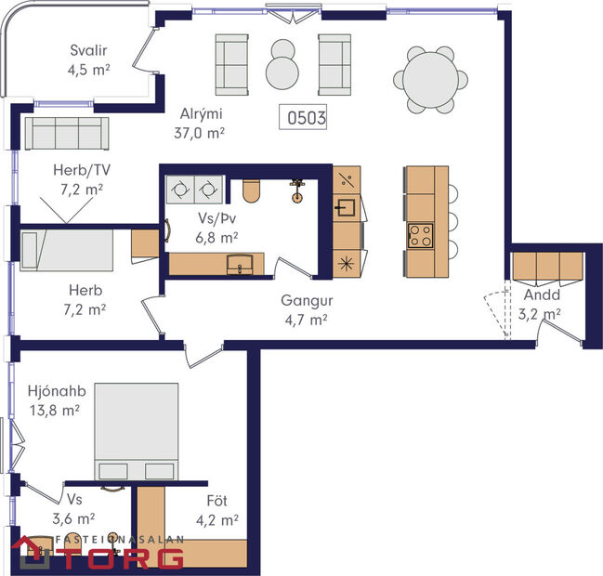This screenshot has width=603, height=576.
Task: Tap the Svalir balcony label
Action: pos(91,51)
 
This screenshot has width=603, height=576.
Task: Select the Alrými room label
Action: pos(203,115)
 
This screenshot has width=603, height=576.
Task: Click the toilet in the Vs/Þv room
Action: pos(250,190)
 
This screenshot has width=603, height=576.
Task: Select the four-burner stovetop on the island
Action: pos(419,234)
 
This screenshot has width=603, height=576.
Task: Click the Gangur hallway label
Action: pos(307,301)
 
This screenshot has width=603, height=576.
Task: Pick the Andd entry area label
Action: pos(540,295)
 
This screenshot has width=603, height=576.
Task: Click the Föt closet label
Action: pos(216,502)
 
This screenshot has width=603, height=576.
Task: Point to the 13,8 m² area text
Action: pos(55,408)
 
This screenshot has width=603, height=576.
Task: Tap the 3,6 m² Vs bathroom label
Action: pos(74,517)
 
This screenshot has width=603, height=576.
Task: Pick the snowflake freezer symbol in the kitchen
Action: pos(347,262)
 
